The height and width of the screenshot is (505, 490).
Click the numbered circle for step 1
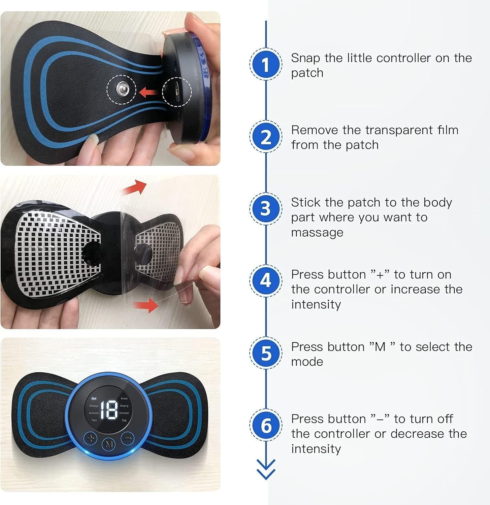click(266, 64)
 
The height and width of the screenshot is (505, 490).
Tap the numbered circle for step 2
click(266, 137)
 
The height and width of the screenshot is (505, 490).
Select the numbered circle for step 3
click(266, 209)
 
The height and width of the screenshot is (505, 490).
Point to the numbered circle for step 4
click(266, 281)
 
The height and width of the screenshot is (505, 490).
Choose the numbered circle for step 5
click(266, 353)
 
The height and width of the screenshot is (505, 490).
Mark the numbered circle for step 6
click(266, 425)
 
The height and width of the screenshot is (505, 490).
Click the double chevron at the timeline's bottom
click(266, 469)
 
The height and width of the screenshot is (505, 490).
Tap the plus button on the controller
click(90, 439)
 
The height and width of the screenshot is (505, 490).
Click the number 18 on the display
click(109, 410)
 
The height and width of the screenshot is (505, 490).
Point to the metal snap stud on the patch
click(122, 89)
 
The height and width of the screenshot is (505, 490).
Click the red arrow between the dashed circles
click(149, 91)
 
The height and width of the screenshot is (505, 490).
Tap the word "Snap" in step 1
click(305, 58)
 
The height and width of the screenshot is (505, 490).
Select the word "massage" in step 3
click(317, 233)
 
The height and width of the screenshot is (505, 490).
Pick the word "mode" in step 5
click(307, 362)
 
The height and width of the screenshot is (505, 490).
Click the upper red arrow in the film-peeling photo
click(135, 187)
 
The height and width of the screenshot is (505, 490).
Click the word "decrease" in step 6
click(417, 434)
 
